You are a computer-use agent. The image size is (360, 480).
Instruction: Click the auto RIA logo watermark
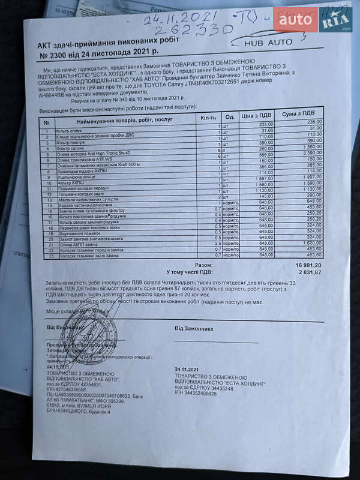312,22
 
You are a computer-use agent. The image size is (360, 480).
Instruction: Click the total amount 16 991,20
307,265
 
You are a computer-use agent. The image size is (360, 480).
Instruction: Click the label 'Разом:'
203,265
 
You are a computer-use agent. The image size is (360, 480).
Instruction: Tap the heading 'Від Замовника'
193,328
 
